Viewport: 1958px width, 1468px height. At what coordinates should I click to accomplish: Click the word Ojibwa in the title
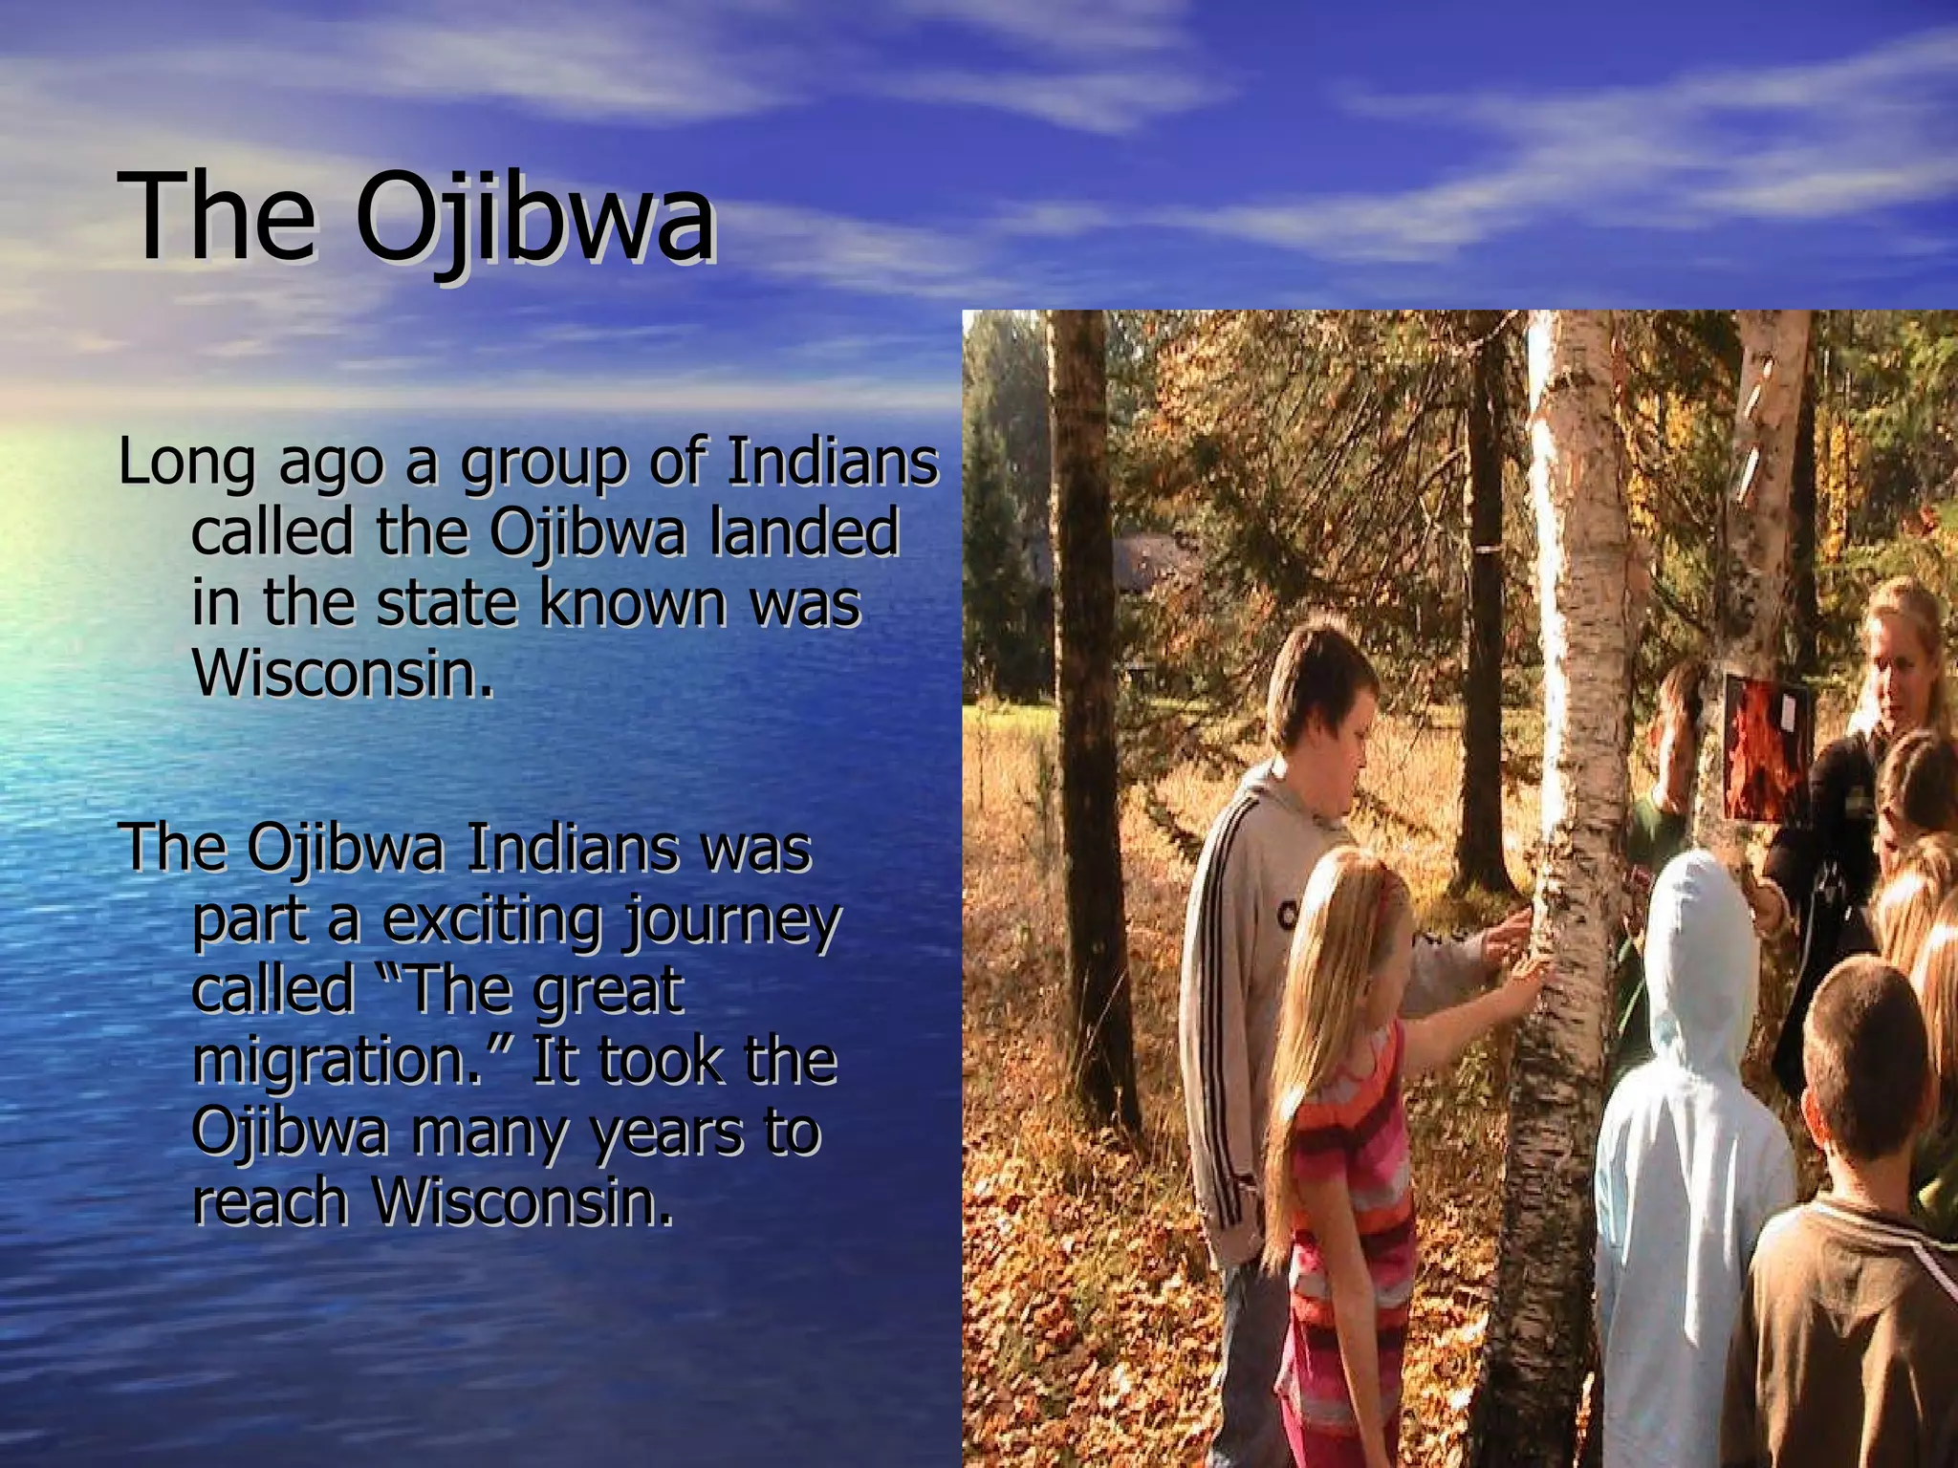(535, 218)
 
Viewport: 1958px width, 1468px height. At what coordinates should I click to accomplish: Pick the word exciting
(492, 919)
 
